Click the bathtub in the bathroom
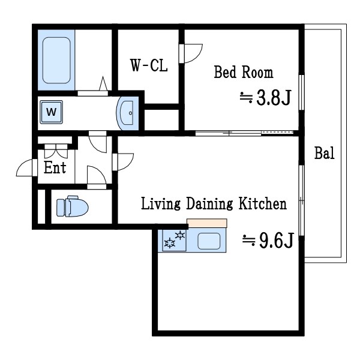56,60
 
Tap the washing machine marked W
51,112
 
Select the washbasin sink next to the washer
127,113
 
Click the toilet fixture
73,206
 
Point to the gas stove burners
175,239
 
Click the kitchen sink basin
209,241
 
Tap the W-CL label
149,65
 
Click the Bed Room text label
244,72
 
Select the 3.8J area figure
266,98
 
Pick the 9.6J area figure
268,240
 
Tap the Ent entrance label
55,167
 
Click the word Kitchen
263,203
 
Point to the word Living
160,203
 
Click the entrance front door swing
25,167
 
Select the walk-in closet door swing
191,53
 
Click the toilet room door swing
97,175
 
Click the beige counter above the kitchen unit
207,223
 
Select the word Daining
209,203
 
